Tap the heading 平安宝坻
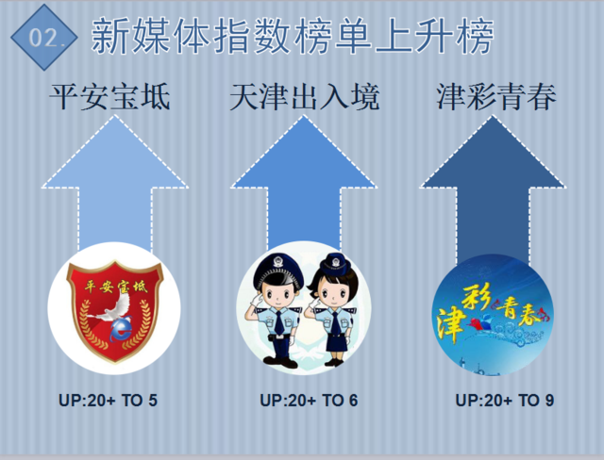(110, 97)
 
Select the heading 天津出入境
(304, 97)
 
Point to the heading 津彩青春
(496, 97)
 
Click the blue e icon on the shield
(121, 329)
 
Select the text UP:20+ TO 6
(309, 401)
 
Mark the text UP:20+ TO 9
(505, 401)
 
